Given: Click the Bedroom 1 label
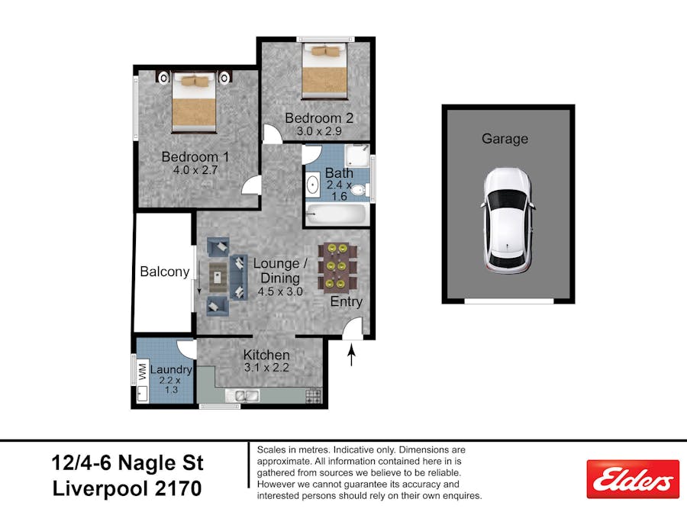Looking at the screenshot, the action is click(x=195, y=156).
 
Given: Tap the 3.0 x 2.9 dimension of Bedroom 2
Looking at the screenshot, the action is click(x=319, y=131).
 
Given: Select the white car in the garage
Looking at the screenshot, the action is click(x=508, y=221).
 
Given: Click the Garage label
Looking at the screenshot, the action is click(x=505, y=139).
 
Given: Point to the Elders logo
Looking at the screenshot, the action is click(x=633, y=478).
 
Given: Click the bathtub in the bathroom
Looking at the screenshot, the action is click(x=336, y=214).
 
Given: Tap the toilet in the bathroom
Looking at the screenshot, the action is click(x=360, y=190).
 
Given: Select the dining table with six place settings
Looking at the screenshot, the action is click(x=337, y=268).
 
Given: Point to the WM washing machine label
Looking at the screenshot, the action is click(x=142, y=372).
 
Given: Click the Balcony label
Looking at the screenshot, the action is click(x=165, y=272).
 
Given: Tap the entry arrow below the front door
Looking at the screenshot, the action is click(x=351, y=355).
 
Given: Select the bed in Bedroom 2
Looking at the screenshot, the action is click(x=324, y=70).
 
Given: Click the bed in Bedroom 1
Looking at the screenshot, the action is click(x=194, y=102).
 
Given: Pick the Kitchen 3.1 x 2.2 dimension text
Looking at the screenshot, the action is click(x=267, y=368).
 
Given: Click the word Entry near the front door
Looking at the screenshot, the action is click(x=346, y=301).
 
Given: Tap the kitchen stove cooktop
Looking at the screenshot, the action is click(x=314, y=395).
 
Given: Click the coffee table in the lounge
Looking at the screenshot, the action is click(x=218, y=277).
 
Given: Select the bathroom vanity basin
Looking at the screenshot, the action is click(x=312, y=185).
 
